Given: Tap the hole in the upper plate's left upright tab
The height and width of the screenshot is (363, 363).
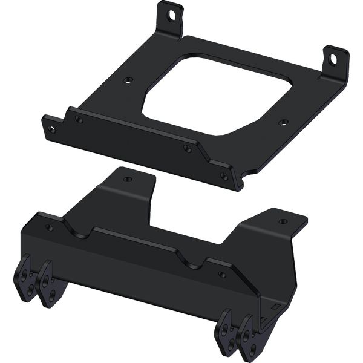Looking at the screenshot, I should (172, 13).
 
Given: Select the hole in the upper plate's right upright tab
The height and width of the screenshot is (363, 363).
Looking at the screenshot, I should (333, 59).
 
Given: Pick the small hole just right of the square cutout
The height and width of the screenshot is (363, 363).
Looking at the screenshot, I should (282, 122).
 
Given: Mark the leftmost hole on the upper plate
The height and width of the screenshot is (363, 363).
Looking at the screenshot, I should (51, 129).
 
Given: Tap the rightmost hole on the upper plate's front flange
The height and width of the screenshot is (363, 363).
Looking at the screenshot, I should (224, 176).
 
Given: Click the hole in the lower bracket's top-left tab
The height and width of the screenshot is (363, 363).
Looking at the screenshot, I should (127, 179).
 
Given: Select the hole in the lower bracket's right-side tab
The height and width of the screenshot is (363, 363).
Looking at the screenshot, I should (283, 221).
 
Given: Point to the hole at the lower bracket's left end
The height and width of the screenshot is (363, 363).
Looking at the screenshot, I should (49, 228).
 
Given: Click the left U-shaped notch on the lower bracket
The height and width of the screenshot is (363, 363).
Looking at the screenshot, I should (79, 230).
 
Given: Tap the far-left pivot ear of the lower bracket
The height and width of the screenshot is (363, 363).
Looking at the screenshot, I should (24, 279).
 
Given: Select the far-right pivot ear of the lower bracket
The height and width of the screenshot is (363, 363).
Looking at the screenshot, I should (248, 335).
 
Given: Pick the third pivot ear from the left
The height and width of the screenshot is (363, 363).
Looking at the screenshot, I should (227, 330).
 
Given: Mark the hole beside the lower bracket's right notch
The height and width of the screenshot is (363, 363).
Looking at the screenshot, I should (222, 275).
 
